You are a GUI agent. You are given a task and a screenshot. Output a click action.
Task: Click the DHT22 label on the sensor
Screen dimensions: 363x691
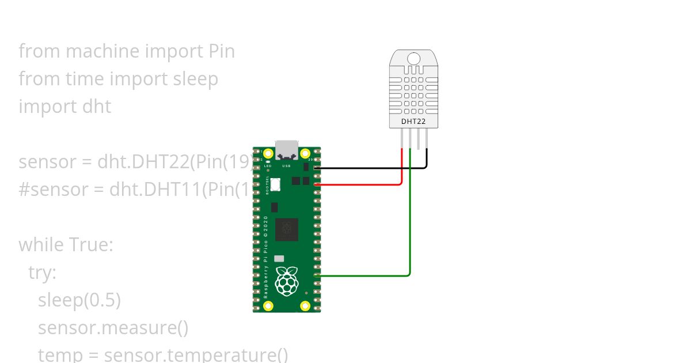coord(413,122)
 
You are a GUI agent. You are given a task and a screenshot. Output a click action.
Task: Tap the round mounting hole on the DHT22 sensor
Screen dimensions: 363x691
coord(413,58)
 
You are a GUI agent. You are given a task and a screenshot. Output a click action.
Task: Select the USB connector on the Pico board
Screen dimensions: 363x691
coord(286,149)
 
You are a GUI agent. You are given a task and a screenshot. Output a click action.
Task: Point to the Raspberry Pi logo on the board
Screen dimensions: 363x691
coord(287,281)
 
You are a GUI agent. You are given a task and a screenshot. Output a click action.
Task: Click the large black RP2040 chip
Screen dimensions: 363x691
coord(287,229)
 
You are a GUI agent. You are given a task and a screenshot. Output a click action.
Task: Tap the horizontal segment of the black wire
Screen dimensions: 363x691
coord(369,168)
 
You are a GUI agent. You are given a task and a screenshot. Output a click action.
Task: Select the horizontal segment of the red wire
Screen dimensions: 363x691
coord(357,185)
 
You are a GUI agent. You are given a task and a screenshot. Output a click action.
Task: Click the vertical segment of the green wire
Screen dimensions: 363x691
coord(410,219)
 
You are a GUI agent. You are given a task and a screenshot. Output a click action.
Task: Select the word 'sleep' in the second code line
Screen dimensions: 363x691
coord(196,79)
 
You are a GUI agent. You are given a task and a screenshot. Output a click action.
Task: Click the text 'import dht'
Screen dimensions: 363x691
coord(64,107)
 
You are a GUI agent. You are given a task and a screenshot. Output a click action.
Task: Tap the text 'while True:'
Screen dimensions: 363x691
coord(66,245)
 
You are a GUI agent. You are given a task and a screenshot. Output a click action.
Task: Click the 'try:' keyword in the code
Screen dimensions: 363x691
coord(42,273)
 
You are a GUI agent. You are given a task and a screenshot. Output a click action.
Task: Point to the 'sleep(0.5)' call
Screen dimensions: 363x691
coord(79,300)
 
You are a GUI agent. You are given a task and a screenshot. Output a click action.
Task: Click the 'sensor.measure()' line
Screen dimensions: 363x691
coord(113,328)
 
